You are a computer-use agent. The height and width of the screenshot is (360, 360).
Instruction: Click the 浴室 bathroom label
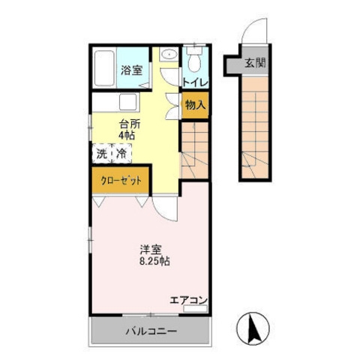132,71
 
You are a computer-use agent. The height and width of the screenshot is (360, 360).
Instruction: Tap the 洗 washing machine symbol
100,154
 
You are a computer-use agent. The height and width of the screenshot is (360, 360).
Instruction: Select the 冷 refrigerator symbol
119,154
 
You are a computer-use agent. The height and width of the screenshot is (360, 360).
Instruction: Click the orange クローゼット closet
120,181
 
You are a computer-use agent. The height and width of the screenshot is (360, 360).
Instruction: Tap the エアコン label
188,300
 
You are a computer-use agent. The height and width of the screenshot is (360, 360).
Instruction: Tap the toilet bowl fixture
196,58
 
